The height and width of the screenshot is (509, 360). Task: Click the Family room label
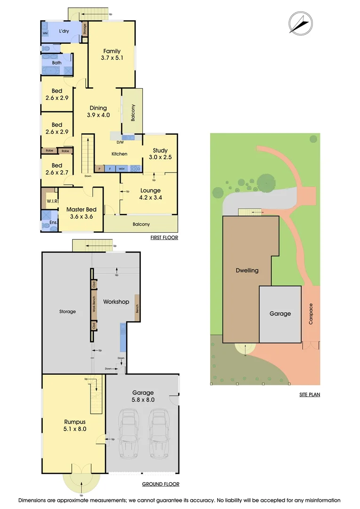tap(111, 51)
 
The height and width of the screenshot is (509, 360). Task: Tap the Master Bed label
tap(81, 209)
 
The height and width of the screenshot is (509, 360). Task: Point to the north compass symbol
tap(300, 22)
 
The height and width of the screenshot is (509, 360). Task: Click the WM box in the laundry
tap(45, 33)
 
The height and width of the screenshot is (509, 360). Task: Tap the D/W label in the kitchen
tap(120, 142)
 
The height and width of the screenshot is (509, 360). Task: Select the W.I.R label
tap(51, 201)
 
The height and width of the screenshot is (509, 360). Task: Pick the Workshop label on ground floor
tap(116, 302)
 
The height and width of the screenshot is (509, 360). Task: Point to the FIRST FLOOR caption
tap(164, 238)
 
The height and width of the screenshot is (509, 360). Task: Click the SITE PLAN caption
tap(310, 394)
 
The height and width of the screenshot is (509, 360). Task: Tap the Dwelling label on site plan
tap(247, 271)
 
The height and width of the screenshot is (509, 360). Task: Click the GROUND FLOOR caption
tap(160, 484)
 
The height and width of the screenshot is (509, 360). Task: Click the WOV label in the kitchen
tap(121, 168)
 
